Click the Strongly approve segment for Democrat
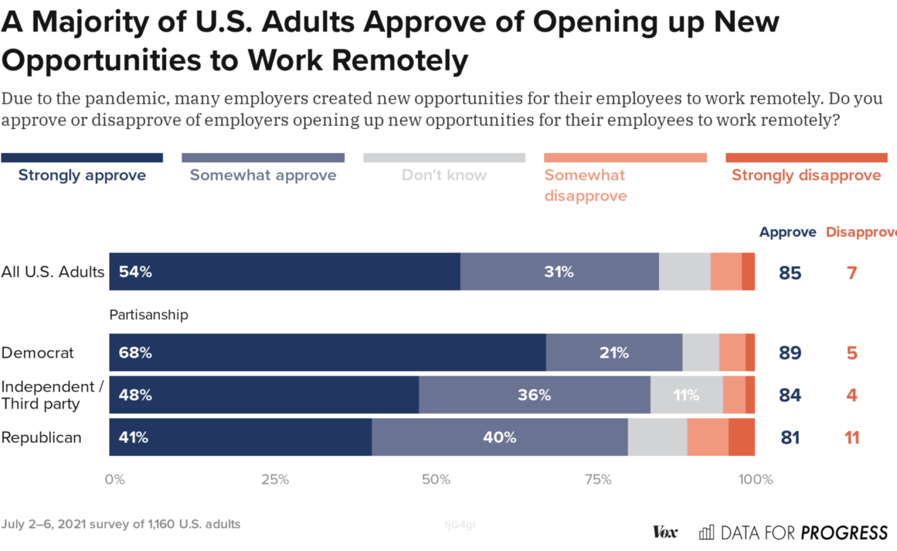[x=327, y=353]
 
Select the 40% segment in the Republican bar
[x=499, y=437]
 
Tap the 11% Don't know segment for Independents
[x=686, y=395]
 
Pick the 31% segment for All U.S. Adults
[x=559, y=272]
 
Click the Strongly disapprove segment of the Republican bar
[x=741, y=437]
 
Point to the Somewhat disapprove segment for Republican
[x=707, y=437]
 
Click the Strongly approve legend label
[x=82, y=175]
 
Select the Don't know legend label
[x=444, y=175]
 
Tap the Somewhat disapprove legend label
[x=585, y=185]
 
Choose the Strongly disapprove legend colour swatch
[x=806, y=158]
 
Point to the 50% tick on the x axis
[x=436, y=480]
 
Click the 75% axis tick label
[x=598, y=480]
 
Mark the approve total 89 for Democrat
[x=790, y=353]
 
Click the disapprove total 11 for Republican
[x=851, y=438]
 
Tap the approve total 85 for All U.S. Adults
[x=790, y=273]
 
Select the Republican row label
[x=41, y=438]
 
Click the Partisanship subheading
[x=148, y=315]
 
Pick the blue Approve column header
[x=787, y=232]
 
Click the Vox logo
[x=665, y=532]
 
